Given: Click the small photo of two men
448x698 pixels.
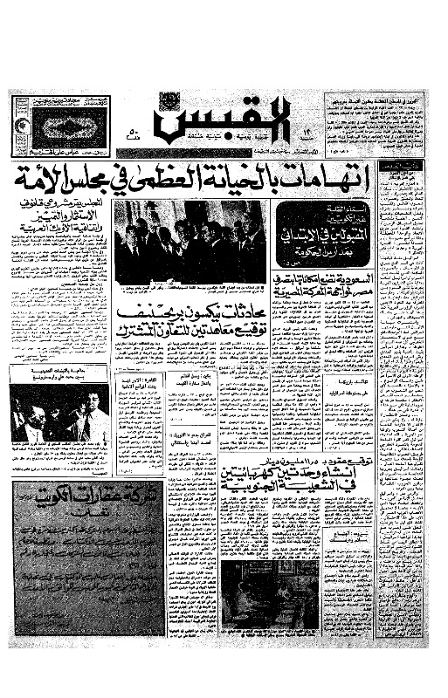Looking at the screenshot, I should (x=58, y=414).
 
